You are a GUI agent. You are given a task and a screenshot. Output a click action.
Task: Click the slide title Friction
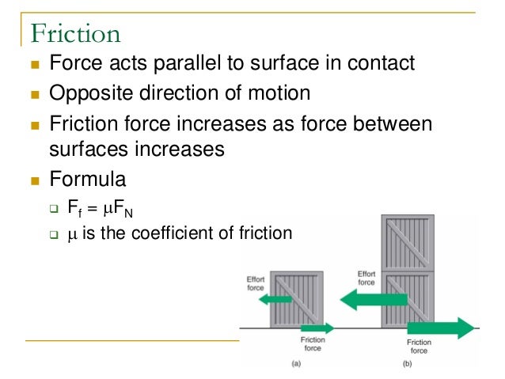pyautogui.click(x=75, y=33)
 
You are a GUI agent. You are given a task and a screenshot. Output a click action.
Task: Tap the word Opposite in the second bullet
pyautogui.click(x=85, y=93)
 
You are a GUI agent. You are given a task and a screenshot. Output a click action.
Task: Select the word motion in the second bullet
pyautogui.click(x=274, y=93)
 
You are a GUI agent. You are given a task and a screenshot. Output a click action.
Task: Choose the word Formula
pyautogui.click(x=88, y=180)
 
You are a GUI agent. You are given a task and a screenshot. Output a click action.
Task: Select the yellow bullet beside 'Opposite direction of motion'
pyautogui.click(x=35, y=95)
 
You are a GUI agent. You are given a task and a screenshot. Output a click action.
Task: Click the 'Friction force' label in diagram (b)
pyautogui.click(x=419, y=347)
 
